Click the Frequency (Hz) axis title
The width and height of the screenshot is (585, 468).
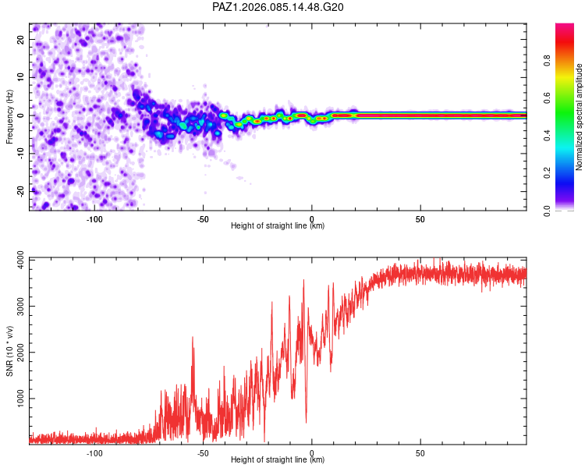point(9,115)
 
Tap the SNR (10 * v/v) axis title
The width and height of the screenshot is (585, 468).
point(9,351)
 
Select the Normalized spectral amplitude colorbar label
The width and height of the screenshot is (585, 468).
point(579,117)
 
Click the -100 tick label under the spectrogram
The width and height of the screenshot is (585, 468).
point(94,218)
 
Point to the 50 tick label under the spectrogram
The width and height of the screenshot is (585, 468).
point(420,218)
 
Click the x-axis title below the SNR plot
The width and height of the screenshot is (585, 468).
point(278,461)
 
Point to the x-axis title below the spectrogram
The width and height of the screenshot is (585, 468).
point(278,226)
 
